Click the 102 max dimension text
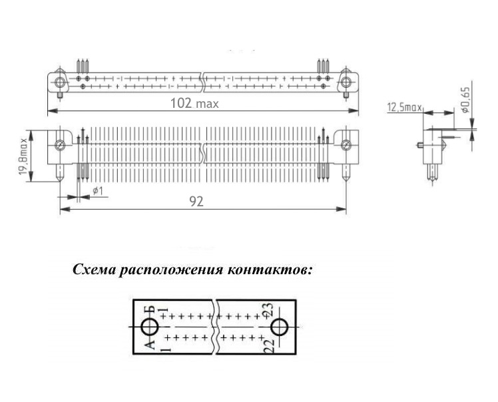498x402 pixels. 195,103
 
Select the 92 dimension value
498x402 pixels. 196,202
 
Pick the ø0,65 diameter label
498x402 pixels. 466,100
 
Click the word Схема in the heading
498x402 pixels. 95,271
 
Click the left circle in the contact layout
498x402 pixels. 150,327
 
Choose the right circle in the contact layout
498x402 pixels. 278,327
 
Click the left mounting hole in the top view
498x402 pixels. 61,83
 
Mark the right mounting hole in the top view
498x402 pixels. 346,83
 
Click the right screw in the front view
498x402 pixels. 346,145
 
